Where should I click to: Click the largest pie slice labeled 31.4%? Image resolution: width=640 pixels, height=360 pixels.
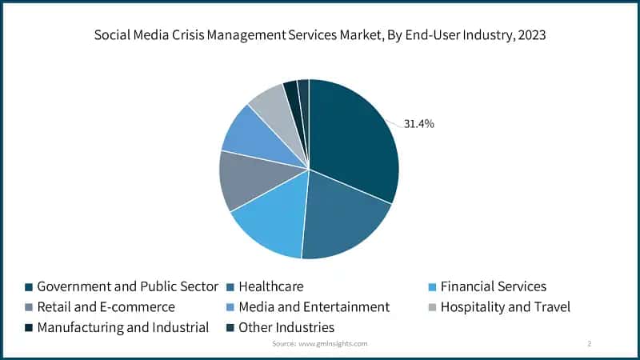352,144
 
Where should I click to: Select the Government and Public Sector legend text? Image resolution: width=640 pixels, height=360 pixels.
127,286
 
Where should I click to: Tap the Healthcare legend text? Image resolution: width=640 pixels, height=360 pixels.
271,286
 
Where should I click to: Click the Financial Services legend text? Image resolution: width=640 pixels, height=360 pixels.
494,286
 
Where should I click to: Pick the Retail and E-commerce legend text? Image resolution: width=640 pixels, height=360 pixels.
106,306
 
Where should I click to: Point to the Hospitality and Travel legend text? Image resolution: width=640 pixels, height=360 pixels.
506,306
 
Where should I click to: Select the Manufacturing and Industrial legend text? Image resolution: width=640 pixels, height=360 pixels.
122,327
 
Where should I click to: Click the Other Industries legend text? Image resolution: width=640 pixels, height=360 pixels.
286,327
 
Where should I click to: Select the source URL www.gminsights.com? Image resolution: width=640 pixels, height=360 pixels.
334,343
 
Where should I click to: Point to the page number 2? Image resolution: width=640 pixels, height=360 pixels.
589,343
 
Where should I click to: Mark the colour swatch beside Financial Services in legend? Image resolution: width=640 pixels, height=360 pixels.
432,286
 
